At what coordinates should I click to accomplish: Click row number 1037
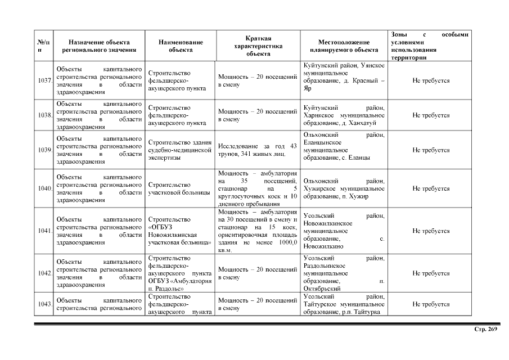(x=44, y=81)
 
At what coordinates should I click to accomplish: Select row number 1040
(x=44, y=188)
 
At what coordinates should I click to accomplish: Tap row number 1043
(x=44, y=304)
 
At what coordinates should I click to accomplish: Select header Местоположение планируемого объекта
(x=344, y=46)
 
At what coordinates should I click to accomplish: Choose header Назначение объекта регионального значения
(x=99, y=46)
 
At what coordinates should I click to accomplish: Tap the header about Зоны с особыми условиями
(x=430, y=46)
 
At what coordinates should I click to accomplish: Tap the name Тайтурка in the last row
(x=367, y=312)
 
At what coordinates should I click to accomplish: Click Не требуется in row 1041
(x=431, y=231)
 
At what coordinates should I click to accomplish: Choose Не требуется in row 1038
(x=431, y=115)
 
